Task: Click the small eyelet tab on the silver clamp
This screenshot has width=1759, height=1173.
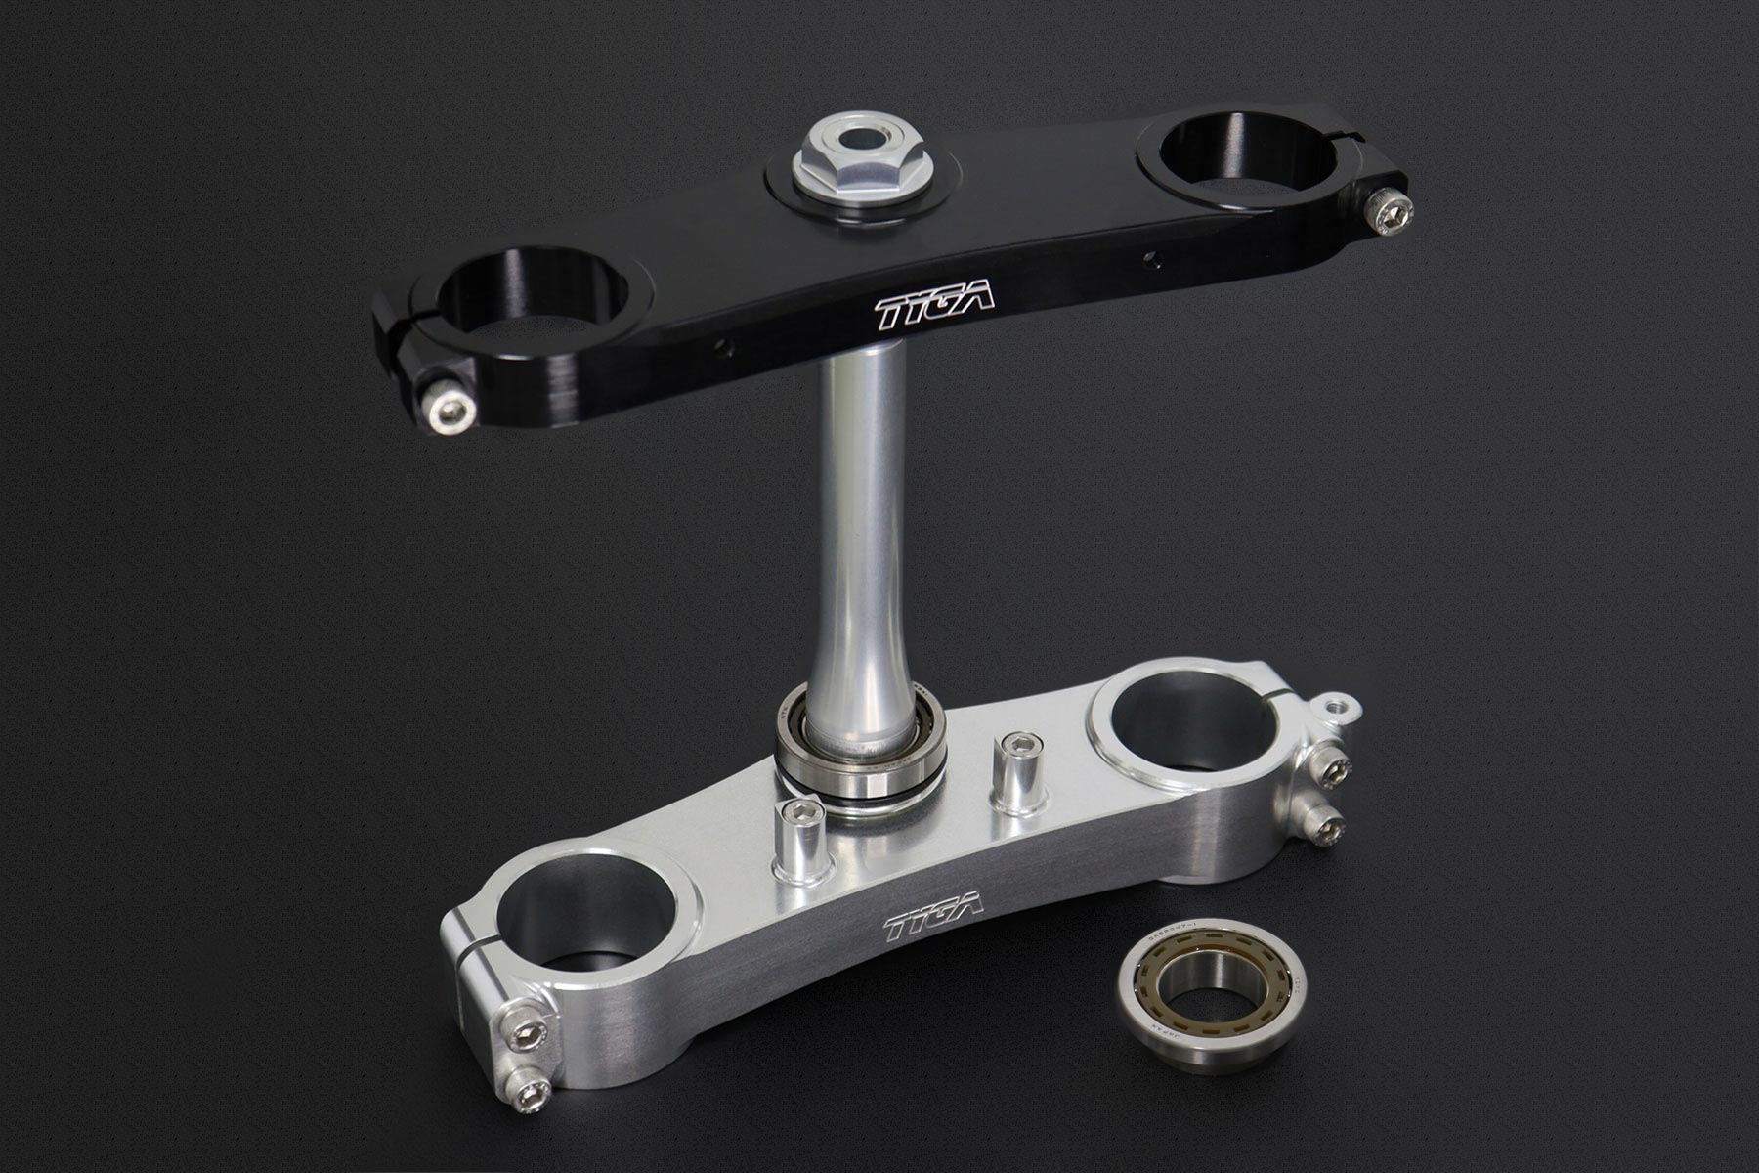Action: pyautogui.click(x=1342, y=707)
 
